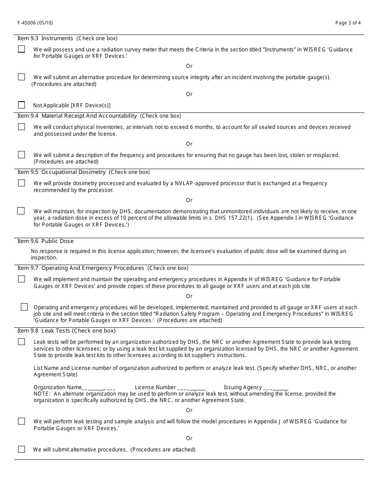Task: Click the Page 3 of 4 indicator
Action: [x=348, y=23]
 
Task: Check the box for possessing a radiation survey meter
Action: [x=22, y=49]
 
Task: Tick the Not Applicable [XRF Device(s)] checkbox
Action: [x=22, y=105]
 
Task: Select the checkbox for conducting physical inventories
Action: [x=22, y=127]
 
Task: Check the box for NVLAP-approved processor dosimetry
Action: [x=22, y=183]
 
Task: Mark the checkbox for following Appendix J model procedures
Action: [x=22, y=421]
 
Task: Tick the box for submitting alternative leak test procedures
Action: [x=22, y=449]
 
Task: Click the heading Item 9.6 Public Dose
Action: [x=45, y=241]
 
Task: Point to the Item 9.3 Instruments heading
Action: [x=45, y=39]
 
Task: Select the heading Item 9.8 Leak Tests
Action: [x=44, y=331]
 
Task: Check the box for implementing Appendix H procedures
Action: [x=22, y=279]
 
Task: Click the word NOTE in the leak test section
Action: [x=42, y=394]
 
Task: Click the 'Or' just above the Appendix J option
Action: [x=189, y=410]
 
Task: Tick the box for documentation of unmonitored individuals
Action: [x=21, y=211]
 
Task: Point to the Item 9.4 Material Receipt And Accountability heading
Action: [x=77, y=116]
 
